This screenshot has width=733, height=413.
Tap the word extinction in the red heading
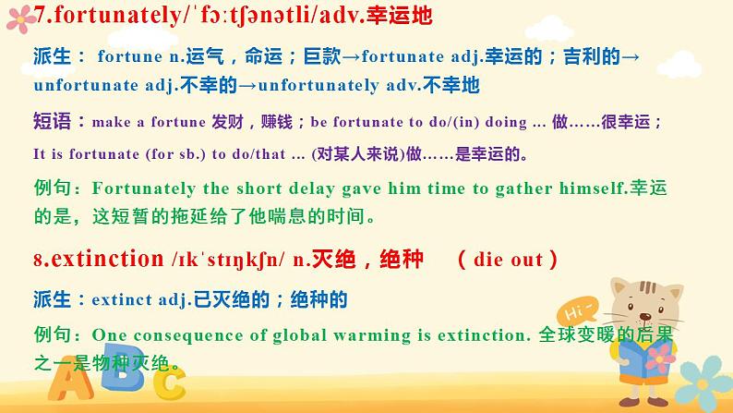point(107,259)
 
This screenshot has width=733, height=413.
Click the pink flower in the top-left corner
point(20,19)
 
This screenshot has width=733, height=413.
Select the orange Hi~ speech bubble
point(577,310)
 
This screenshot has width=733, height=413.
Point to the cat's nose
point(645,317)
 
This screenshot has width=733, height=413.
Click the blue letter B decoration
point(122,367)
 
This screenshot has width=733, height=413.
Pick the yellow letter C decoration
point(170,383)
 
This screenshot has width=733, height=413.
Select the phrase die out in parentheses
point(508,260)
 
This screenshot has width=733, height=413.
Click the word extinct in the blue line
point(122,299)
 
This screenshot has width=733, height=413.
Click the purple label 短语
point(52,121)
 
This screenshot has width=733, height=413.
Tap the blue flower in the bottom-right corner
point(703,383)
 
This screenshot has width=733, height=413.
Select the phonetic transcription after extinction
point(228,260)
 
